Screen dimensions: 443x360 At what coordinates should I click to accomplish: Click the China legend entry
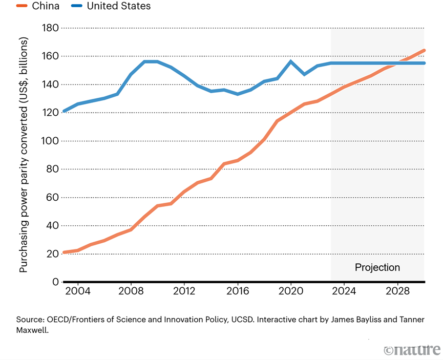click(x=38, y=6)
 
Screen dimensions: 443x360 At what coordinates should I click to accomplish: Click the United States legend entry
click(x=111, y=6)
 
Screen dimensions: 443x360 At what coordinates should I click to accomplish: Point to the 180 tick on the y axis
click(x=50, y=28)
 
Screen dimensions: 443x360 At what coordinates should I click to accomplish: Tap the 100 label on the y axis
click(x=50, y=141)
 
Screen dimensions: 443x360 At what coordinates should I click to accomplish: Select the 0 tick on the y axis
click(x=56, y=282)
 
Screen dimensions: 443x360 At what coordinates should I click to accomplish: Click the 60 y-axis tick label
click(x=52, y=197)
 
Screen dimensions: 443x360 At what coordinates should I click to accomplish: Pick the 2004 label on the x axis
click(x=78, y=291)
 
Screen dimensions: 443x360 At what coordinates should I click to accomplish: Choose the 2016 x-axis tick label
click(x=238, y=291)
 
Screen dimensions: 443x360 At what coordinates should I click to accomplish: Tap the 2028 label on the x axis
click(x=397, y=291)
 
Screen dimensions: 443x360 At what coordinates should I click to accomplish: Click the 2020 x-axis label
click(x=291, y=291)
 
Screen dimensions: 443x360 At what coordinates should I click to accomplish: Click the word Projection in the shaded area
click(x=377, y=267)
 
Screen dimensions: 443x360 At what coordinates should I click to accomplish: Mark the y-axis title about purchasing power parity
click(x=24, y=155)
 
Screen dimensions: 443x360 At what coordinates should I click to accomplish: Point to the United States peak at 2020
click(x=291, y=61)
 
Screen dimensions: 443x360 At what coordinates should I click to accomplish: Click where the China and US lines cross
click(x=397, y=63)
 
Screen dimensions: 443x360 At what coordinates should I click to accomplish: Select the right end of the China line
click(x=424, y=51)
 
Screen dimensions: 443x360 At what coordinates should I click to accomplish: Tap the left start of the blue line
click(x=64, y=111)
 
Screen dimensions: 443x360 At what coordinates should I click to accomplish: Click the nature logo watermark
click(x=412, y=350)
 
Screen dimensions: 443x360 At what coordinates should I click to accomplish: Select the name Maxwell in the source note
click(x=32, y=330)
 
